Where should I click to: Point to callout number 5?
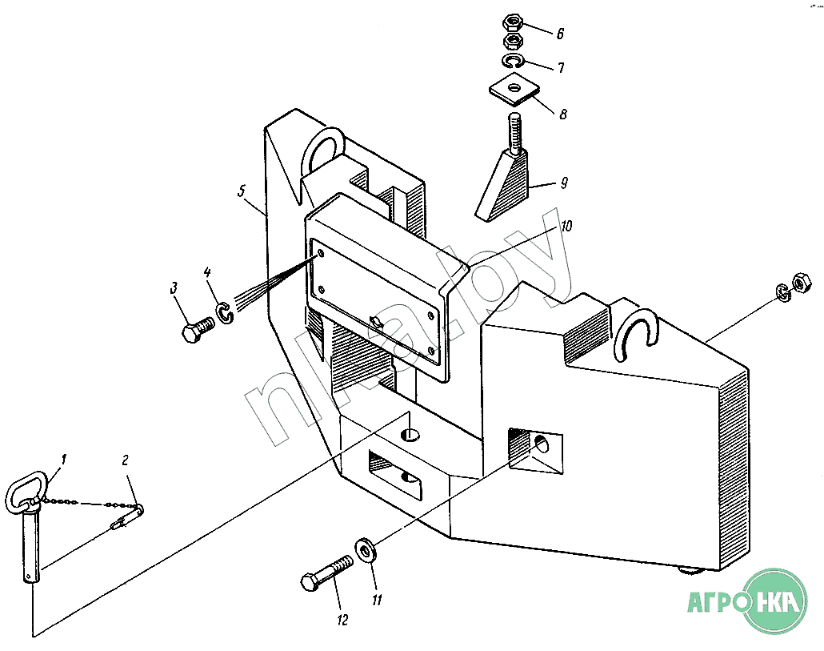[240, 192]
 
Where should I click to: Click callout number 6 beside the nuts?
[560, 34]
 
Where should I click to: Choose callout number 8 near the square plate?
[563, 115]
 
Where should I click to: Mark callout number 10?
[566, 227]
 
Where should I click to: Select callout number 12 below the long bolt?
[342, 620]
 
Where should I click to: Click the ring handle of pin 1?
[23, 494]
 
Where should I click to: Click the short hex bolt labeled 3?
[196, 330]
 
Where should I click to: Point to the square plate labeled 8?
[513, 89]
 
